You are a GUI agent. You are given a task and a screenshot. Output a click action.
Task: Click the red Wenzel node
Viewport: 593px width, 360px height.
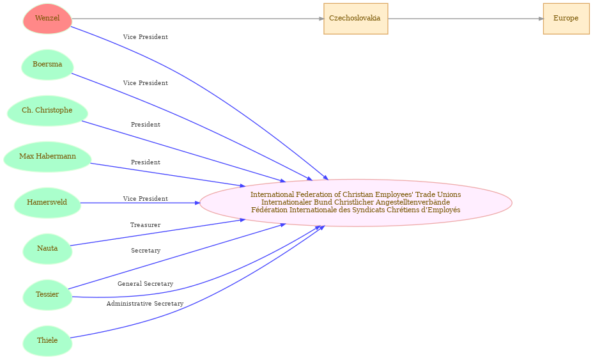click(47, 19)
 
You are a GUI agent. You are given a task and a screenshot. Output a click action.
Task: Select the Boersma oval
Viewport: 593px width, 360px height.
click(47, 65)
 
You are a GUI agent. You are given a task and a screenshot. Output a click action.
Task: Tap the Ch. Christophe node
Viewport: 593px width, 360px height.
click(47, 111)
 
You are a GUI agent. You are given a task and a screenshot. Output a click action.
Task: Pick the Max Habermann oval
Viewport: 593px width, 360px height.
click(47, 157)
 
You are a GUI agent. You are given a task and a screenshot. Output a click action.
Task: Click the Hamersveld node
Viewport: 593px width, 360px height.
click(47, 203)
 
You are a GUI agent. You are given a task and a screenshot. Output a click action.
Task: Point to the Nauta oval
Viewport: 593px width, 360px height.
click(47, 249)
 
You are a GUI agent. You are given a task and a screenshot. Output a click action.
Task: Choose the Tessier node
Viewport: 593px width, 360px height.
click(47, 295)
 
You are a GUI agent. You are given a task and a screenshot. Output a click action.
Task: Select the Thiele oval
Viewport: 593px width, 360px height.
click(47, 341)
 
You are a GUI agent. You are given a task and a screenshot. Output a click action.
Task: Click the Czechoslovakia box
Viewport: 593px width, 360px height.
click(355, 19)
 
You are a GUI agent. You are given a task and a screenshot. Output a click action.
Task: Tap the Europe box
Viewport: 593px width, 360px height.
click(566, 19)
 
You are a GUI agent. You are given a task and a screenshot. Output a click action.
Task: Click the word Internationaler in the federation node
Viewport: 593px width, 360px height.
click(286, 202)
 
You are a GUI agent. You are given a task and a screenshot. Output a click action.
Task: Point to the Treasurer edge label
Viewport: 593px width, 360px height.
click(145, 225)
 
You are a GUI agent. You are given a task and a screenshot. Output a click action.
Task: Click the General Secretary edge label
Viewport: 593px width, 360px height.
click(145, 283)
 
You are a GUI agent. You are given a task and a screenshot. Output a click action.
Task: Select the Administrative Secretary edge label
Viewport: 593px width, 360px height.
click(145, 304)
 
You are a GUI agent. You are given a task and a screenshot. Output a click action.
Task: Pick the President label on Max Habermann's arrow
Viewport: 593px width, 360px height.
click(146, 162)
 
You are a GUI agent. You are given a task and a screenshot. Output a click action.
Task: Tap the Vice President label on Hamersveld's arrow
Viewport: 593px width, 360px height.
click(145, 198)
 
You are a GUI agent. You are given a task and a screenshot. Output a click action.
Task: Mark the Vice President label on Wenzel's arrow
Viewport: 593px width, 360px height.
click(145, 36)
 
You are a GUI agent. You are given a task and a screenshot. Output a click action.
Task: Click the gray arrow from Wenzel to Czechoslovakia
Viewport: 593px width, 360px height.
click(198, 19)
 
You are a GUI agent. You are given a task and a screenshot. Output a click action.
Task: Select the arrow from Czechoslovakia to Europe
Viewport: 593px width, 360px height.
click(466, 19)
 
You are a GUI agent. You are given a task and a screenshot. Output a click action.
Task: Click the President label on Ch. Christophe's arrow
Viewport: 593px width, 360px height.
click(146, 124)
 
